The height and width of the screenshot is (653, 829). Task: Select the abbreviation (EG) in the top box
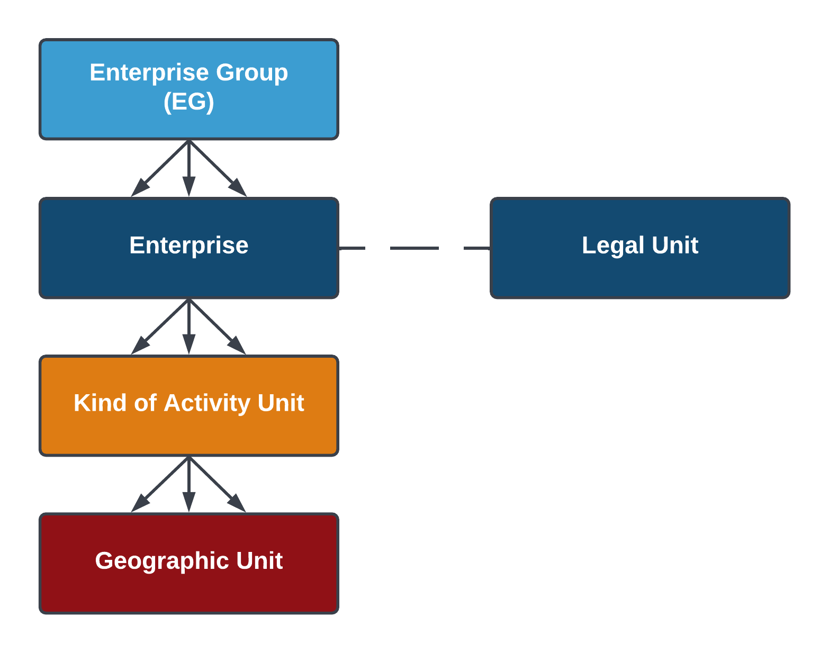click(188, 102)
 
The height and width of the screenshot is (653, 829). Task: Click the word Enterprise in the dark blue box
click(188, 246)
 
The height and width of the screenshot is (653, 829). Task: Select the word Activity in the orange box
click(207, 403)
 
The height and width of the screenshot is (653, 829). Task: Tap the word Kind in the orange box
click(100, 403)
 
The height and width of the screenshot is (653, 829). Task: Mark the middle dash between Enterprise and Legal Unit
click(414, 248)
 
